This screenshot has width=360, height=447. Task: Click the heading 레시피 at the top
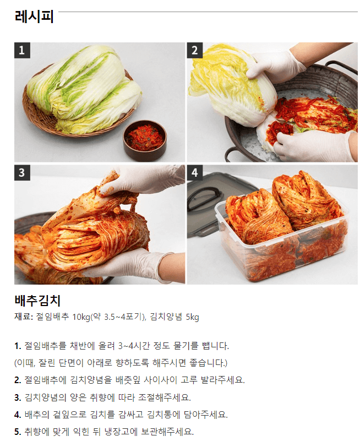coord(34,17)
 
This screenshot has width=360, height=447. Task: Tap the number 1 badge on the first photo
coord(22,51)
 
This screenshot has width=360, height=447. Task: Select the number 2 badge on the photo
coord(194,51)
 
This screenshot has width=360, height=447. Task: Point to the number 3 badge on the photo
coord(22,172)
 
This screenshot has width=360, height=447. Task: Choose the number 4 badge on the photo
coord(194,172)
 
